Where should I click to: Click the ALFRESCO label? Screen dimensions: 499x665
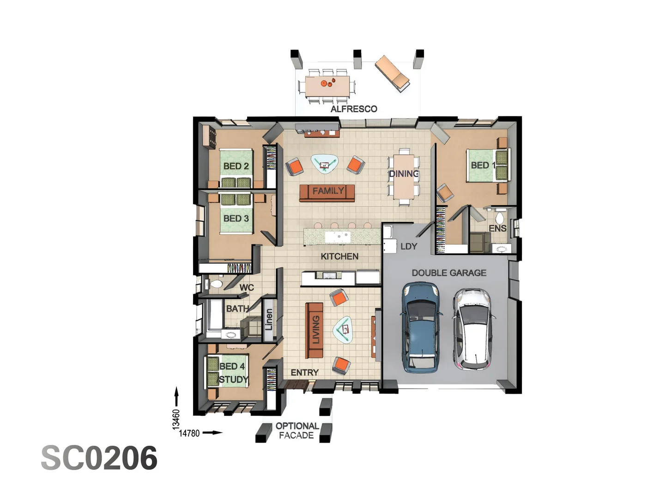(x=354, y=109)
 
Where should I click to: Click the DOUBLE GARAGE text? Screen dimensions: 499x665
(x=449, y=273)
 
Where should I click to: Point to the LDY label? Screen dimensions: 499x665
(x=409, y=246)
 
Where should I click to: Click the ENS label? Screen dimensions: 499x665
(x=497, y=228)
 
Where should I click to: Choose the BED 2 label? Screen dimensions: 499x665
(x=236, y=166)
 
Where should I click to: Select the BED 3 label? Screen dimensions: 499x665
(x=236, y=218)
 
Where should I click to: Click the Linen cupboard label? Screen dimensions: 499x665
(x=269, y=320)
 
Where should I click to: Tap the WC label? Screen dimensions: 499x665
(x=247, y=287)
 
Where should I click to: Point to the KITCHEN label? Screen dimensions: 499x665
(x=339, y=256)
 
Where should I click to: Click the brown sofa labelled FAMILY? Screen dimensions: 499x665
(x=327, y=192)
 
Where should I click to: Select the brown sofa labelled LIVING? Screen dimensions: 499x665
(x=314, y=330)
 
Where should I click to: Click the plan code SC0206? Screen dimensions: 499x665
(x=99, y=458)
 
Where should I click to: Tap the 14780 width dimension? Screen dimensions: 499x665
(x=189, y=433)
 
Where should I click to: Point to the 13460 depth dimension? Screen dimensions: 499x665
(x=176, y=419)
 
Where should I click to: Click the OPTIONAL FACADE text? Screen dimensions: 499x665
(x=296, y=431)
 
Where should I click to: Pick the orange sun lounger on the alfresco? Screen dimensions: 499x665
(x=392, y=73)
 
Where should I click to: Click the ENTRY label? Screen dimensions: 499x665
(x=304, y=372)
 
